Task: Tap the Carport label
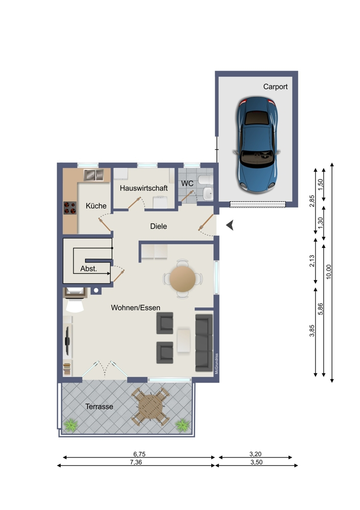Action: (275, 87)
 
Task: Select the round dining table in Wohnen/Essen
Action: (182, 278)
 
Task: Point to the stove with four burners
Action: (69, 208)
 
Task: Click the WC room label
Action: (187, 183)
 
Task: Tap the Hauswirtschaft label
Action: (144, 188)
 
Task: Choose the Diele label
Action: (158, 226)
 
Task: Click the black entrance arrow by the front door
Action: (230, 224)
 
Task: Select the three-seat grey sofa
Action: (203, 342)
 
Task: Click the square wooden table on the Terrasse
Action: (150, 406)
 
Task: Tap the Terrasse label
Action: (99, 406)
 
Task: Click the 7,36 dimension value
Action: (136, 462)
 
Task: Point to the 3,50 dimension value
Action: (256, 462)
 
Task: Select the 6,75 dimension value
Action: (136, 453)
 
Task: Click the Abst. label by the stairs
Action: (88, 268)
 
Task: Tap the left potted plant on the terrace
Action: (71, 424)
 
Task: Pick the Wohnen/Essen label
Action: (136, 308)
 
